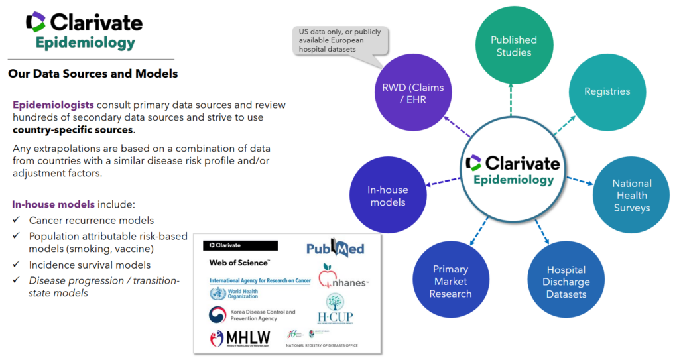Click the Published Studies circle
pos(514,46)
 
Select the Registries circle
pos(607,91)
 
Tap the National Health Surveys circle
pos(631,195)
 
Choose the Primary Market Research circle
pos(450,280)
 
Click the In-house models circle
pos(388,196)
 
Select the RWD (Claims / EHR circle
pos(412,93)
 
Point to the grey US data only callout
pos(337,41)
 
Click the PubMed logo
pos(336,248)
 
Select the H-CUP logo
pos(334,309)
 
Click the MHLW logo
pos(240,338)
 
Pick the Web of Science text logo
pos(239,263)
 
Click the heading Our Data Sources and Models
pos(93,74)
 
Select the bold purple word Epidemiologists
pos(53,105)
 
